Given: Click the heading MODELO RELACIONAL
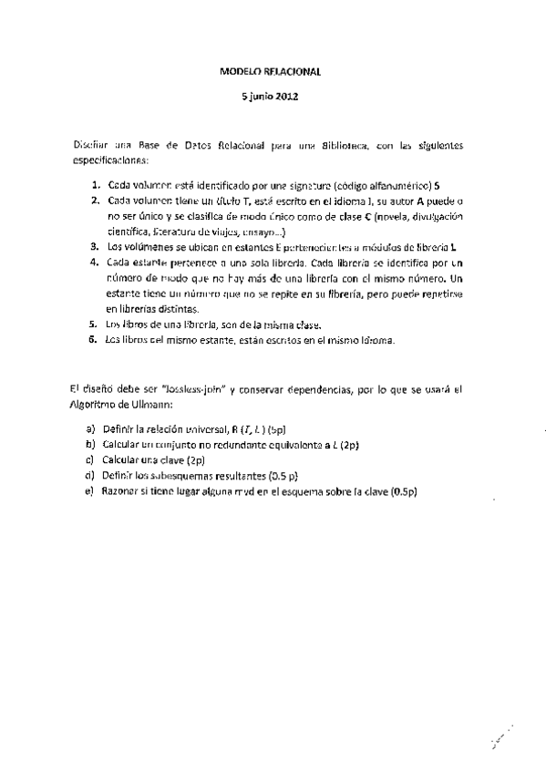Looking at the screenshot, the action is click(x=271, y=69).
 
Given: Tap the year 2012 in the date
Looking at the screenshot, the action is click(x=285, y=95).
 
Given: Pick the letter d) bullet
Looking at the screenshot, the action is click(x=90, y=476).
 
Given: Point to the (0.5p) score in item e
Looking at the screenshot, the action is click(x=401, y=492).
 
